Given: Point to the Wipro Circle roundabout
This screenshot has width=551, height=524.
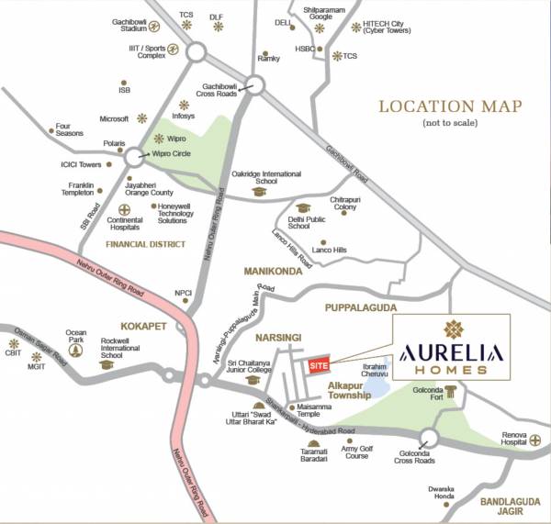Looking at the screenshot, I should point(135,157).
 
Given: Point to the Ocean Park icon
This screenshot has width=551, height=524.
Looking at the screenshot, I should point(76,350).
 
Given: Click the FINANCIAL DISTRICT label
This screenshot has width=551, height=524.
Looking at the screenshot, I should point(145,245).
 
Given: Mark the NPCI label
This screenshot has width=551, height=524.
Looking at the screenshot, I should point(184,294).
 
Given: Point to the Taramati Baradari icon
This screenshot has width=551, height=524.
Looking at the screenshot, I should point(314,442).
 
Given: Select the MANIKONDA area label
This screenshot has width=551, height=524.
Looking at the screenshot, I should point(274,272).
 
